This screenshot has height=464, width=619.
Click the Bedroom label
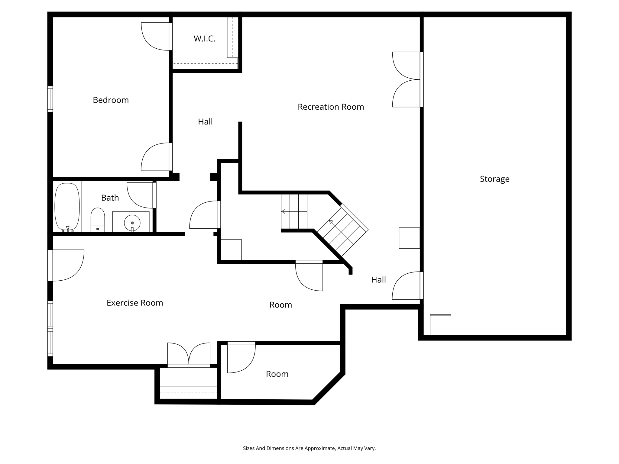coord(111,100)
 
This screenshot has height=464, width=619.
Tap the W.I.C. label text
coord(204,39)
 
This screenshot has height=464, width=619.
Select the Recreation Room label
coord(331,107)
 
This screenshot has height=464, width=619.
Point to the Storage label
coord(494,179)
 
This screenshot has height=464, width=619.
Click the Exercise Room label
coord(135,303)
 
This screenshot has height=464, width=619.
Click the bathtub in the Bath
coord(67,207)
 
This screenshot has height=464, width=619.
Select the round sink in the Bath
coord(132,223)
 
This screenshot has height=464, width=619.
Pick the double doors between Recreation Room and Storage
coord(407,79)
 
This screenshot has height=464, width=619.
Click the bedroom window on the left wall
coord(50,99)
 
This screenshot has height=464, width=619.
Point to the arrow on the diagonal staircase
coord(331,222)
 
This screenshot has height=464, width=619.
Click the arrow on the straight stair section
coord(283,211)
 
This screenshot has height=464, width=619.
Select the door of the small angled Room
coord(241,359)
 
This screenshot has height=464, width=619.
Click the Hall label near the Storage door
coord(378,280)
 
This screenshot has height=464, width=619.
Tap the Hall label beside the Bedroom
coord(205,122)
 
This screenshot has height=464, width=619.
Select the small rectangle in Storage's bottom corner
coord(440,325)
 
